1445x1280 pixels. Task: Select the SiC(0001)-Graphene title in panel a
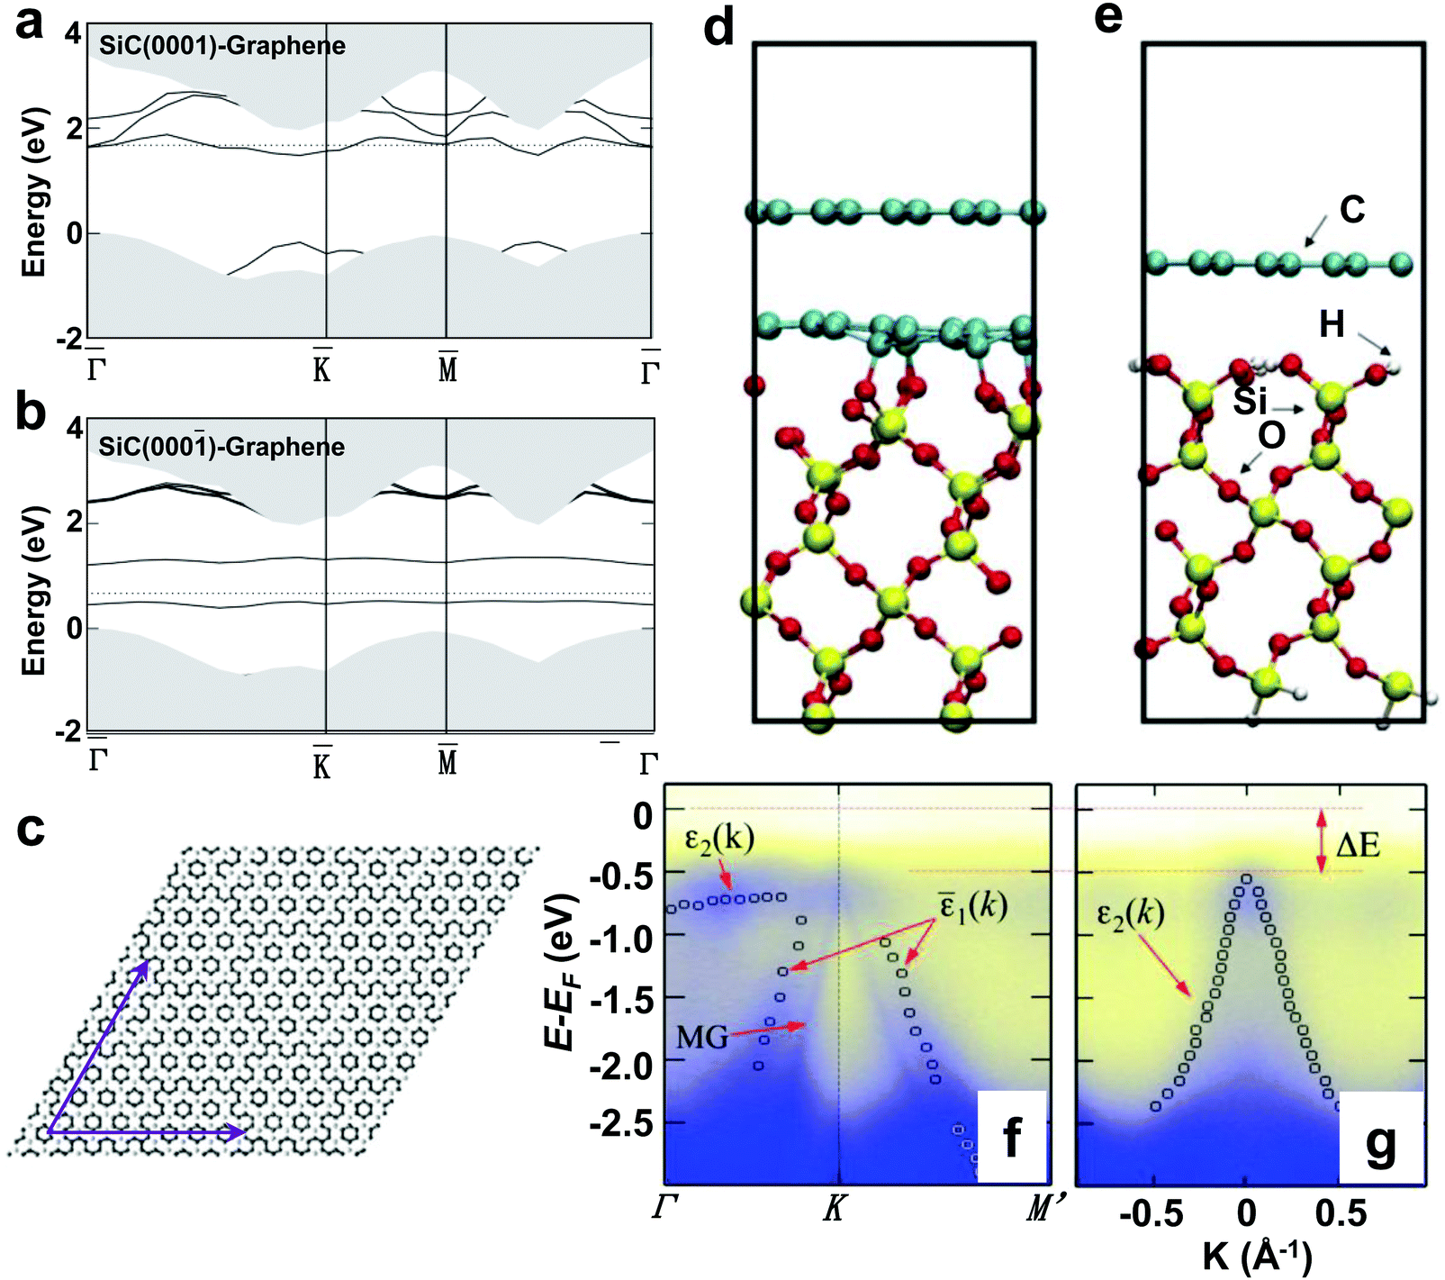tap(221, 46)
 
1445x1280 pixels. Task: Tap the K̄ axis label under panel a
tap(322, 366)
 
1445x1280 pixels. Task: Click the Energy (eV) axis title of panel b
tap(33, 590)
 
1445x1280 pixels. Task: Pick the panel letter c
tap(31, 828)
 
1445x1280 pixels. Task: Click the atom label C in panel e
tap(1351, 210)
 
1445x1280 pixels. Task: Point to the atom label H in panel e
tap(1332, 324)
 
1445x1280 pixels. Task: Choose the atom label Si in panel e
tap(1251, 401)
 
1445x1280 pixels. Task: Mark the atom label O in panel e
tap(1271, 436)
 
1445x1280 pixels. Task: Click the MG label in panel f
tap(702, 1038)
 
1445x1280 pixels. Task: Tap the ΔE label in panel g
tap(1359, 845)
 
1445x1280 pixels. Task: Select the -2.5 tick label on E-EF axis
tap(620, 1123)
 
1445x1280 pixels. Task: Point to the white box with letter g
tap(1381, 1137)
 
